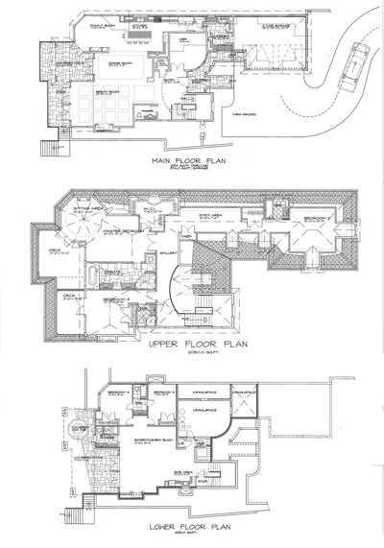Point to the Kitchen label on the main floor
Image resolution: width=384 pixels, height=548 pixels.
coord(139,28)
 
